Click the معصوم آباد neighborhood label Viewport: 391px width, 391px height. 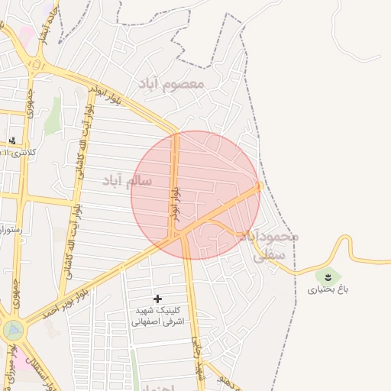(171, 82)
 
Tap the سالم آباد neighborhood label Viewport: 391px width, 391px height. (128, 181)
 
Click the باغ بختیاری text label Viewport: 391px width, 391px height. (326, 289)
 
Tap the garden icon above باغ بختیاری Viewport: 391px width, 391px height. (327, 276)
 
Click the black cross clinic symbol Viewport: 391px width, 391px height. (157, 298)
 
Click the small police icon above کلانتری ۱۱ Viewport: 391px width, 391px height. (12, 141)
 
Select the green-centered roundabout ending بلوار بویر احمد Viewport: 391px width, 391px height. (12, 329)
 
